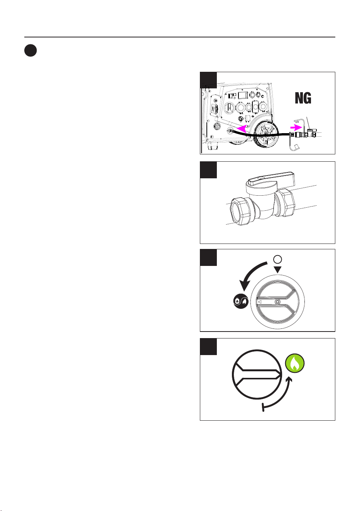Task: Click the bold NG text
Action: coord(303,98)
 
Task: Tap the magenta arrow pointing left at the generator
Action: coord(242,129)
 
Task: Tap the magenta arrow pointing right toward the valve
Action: coord(296,127)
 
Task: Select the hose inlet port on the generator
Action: coord(229,131)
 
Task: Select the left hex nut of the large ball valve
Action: coord(242,212)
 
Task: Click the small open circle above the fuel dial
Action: coord(277,259)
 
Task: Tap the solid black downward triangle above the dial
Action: coord(277,269)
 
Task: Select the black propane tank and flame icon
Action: coord(241,301)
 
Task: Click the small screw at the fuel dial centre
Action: coord(277,301)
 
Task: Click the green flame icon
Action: coord(294,364)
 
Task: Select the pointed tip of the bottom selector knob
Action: coord(281,374)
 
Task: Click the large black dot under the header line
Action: coord(30,51)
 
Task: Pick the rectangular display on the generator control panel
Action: coord(243,95)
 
